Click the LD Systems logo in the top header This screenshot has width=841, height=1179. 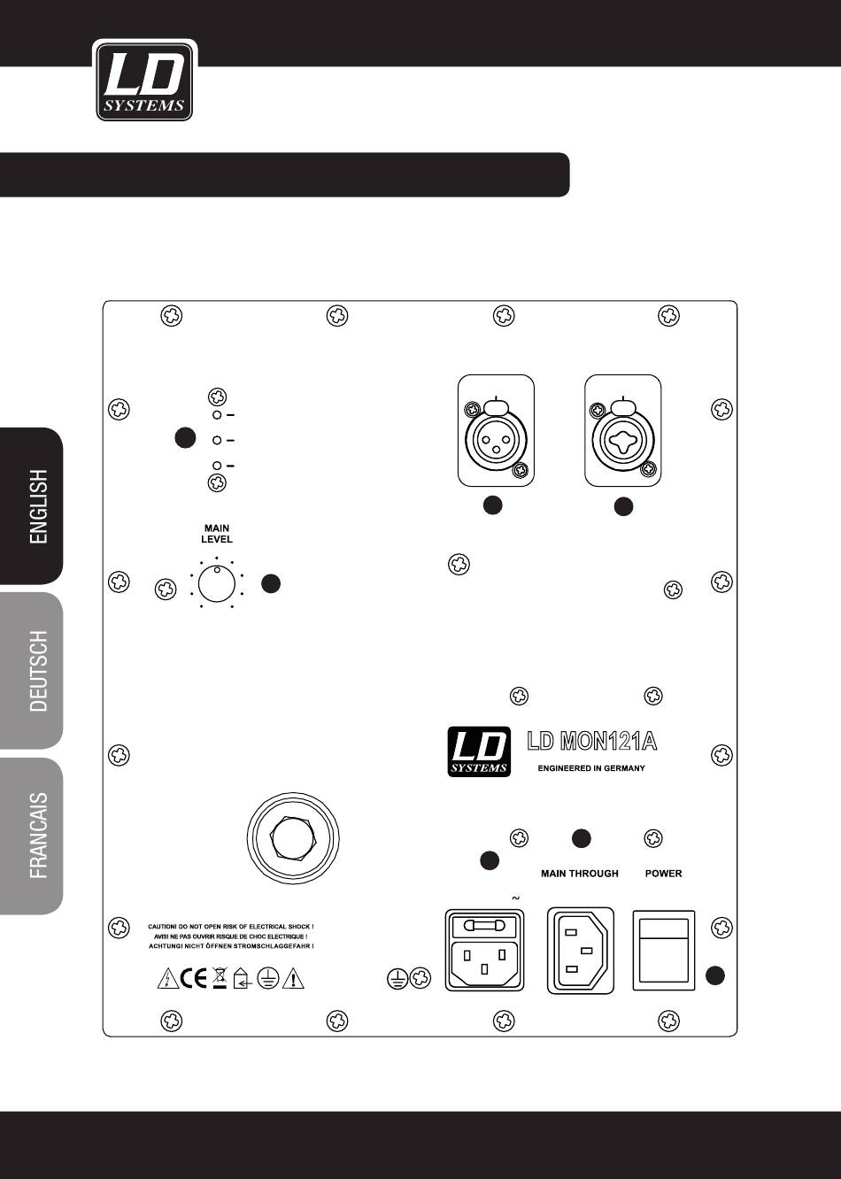coord(144,81)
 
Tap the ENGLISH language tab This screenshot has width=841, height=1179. coord(38,505)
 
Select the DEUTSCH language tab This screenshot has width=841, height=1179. coord(38,670)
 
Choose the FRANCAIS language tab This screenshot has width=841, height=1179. coord(38,835)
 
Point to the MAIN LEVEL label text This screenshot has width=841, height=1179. coord(216,534)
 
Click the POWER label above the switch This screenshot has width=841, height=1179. coord(664,874)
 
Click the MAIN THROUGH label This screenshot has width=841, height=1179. coord(580,874)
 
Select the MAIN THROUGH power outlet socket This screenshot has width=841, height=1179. coord(581,950)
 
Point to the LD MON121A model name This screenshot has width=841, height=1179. coord(592,740)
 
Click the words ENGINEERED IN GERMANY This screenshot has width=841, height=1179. coord(591,768)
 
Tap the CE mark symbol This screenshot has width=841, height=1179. coord(192,978)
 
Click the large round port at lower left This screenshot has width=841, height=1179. coord(291,836)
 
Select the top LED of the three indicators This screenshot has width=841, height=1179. coord(215,414)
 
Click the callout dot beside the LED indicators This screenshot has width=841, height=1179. coord(184,437)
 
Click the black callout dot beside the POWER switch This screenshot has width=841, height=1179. coord(715,975)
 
